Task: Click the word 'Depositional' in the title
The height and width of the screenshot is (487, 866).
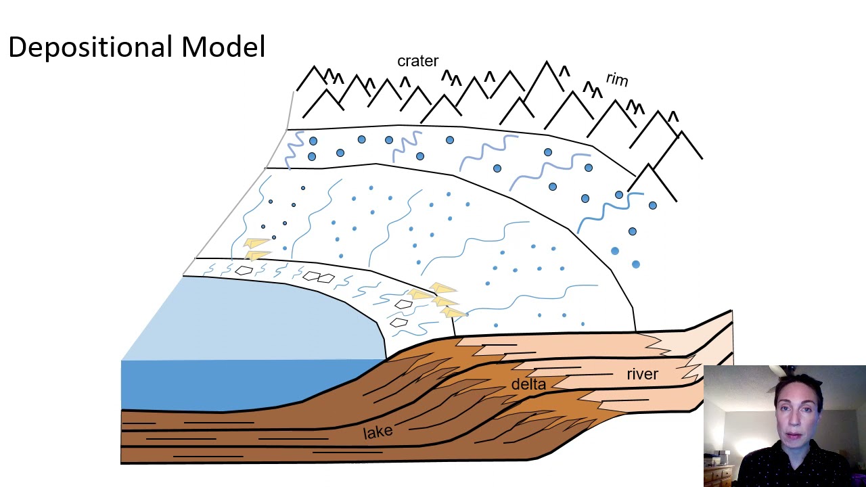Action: pos(91,48)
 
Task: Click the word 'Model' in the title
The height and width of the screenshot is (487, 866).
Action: pos(223,47)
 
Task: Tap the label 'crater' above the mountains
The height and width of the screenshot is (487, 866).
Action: pos(417,61)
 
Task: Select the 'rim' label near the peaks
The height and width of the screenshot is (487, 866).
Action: pos(617,79)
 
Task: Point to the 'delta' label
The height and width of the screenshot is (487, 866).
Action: pos(528,384)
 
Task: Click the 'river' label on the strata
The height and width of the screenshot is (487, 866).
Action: pos(642,374)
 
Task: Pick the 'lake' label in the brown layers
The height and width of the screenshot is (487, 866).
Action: pos(378,432)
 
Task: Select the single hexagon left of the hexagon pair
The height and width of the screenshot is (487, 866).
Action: pos(244,271)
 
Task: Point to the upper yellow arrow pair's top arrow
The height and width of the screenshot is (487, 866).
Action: pos(256,243)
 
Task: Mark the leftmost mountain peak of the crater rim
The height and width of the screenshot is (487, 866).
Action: pos(313,67)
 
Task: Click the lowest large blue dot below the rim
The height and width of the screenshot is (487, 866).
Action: pos(635,264)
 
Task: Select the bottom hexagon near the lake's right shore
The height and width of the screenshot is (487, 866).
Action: pos(398,323)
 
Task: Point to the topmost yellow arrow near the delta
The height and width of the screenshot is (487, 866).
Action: pos(442,288)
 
